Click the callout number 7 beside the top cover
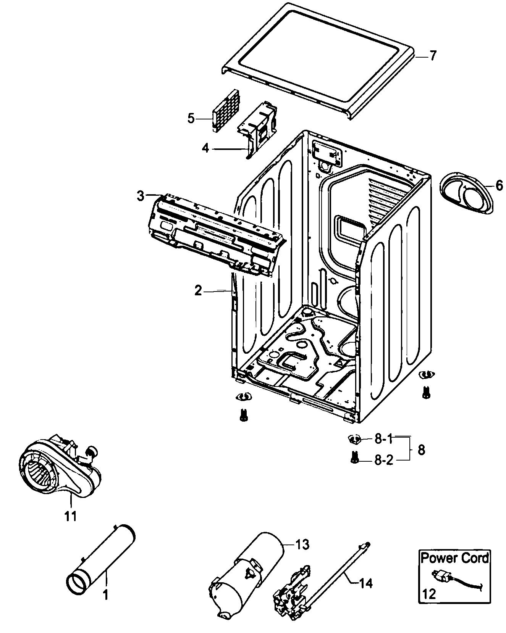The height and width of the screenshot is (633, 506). point(432,56)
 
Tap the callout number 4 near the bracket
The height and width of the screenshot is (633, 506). point(205,148)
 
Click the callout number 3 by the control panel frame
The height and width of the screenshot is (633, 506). point(141,196)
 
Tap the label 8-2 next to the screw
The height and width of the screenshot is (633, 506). point(383,460)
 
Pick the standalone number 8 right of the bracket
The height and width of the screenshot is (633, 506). point(421,450)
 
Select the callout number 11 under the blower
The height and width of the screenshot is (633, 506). point(71,516)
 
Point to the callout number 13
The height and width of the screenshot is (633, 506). point(302,545)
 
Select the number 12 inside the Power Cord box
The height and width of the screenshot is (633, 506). point(429,594)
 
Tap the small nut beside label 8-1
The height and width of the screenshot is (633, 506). point(354,439)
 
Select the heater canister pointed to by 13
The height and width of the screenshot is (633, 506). point(248,576)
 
